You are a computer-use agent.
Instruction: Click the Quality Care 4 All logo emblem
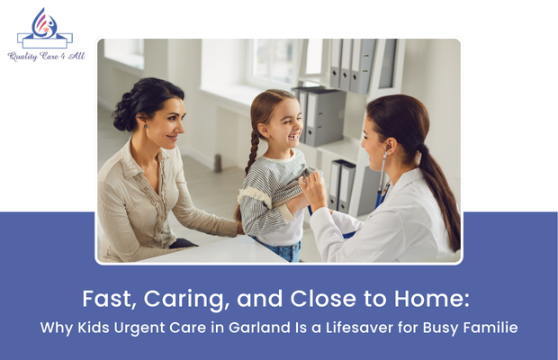point(44,28)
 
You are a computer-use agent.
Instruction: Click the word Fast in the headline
point(103,296)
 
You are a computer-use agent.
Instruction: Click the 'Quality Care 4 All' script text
point(44,56)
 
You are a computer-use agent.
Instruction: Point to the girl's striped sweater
point(270,193)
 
